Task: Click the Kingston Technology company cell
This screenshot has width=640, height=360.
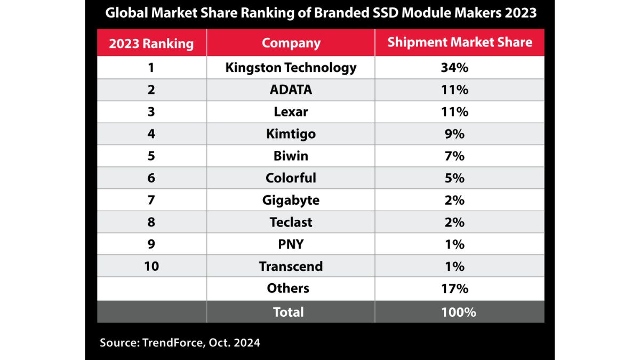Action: click(x=291, y=68)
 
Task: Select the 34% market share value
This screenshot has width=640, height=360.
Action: click(x=454, y=68)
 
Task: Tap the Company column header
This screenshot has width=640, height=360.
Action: click(x=291, y=43)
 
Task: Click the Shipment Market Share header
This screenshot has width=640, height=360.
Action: click(x=459, y=43)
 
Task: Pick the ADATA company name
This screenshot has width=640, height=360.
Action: click(x=291, y=90)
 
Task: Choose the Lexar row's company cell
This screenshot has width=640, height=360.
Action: click(x=291, y=112)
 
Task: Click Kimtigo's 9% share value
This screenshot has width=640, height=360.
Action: click(x=454, y=134)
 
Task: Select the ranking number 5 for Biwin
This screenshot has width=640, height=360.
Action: click(x=151, y=156)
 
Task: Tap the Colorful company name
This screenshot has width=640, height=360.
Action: click(x=291, y=178)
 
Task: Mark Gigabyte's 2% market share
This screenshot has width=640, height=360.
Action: click(x=454, y=200)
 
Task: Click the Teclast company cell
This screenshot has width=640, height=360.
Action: click(x=291, y=222)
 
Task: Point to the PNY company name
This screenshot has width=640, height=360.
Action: click(x=291, y=244)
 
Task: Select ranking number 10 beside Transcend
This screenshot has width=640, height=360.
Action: click(x=151, y=266)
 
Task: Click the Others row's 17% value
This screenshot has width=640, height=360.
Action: click(x=454, y=289)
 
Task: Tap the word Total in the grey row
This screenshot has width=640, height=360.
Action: click(x=288, y=312)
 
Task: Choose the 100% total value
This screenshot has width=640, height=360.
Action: click(x=458, y=312)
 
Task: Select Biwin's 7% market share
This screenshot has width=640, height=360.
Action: click(x=454, y=156)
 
